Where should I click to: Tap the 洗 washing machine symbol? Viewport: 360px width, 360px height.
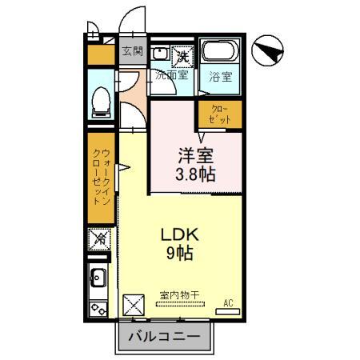tap(182, 56)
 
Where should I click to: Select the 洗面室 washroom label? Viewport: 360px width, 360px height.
tap(171, 77)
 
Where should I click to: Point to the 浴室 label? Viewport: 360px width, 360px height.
tap(220, 77)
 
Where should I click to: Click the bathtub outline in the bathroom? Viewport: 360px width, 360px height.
tap(220, 54)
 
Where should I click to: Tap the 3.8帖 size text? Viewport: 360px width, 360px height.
tap(196, 174)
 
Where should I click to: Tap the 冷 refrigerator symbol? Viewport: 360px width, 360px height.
tap(101, 238)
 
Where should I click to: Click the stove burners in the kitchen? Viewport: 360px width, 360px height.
tap(100, 306)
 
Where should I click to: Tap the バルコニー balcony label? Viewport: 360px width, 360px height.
tap(166, 335)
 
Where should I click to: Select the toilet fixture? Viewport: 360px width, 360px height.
tap(101, 100)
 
